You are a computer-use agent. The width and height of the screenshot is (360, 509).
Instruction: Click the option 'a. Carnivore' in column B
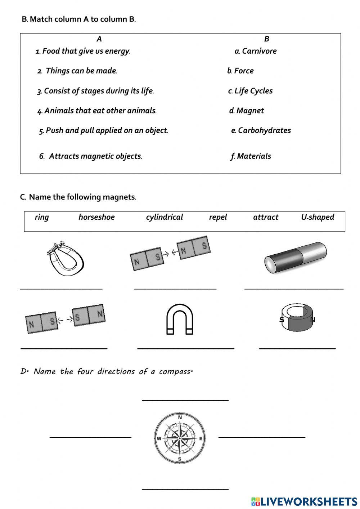pos(256,51)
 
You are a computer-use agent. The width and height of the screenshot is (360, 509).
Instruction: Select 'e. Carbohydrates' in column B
pos(261,130)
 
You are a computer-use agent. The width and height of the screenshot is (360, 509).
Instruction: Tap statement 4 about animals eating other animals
pos(97,111)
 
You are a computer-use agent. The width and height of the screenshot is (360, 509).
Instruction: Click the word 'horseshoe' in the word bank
pos(96,217)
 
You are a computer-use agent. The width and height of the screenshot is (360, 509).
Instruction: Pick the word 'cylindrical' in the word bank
pos(165,217)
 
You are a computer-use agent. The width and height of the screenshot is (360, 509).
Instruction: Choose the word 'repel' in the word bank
pos(218,217)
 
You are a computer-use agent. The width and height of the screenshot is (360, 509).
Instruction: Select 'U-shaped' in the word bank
pos(318,217)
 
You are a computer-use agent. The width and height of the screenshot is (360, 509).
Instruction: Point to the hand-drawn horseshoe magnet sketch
pos(66,258)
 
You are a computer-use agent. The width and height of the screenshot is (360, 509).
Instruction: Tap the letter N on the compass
pos(180,417)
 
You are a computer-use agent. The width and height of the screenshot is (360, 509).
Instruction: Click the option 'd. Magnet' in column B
pos(247,111)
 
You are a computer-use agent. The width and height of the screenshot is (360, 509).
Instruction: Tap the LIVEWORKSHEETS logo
pos(304,501)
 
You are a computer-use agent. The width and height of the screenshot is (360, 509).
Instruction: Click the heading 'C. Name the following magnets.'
pos(78,197)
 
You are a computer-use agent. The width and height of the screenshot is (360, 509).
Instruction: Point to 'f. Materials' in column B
pos(251,156)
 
